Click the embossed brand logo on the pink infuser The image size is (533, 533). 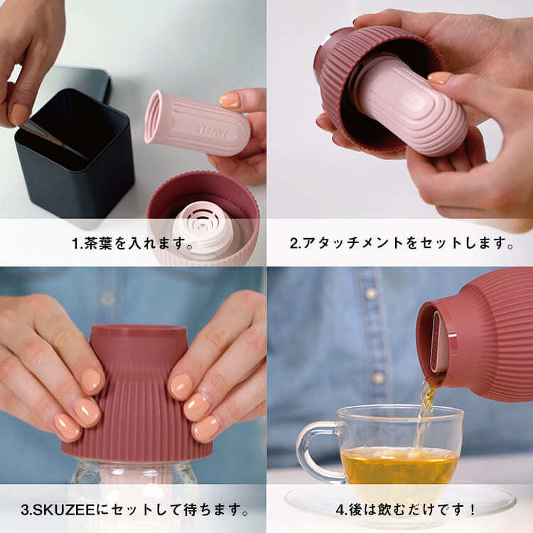(x=213, y=132)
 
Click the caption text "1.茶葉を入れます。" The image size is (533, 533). (x=133, y=243)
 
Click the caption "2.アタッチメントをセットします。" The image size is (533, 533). (x=402, y=243)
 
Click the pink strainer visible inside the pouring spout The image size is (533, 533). (x=438, y=343)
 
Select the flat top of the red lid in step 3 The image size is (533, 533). (x=139, y=330)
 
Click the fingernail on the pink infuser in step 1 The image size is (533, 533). (x=230, y=100)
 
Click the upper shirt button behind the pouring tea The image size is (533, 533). (x=371, y=293)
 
